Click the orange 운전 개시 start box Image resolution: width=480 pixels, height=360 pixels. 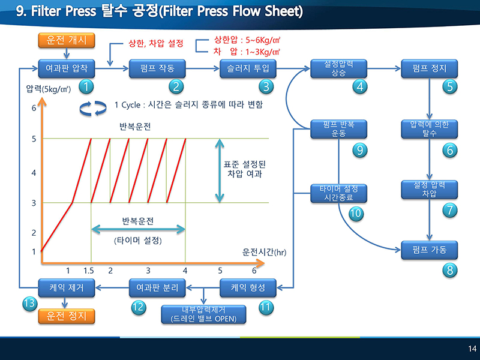(x=67, y=40)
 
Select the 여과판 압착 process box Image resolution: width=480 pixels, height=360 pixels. (x=67, y=68)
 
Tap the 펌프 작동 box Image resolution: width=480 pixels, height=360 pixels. (x=157, y=68)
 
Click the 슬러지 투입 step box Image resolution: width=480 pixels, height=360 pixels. (x=248, y=68)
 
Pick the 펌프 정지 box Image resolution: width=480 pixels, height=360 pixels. (x=429, y=68)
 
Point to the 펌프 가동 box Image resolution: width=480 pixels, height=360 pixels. (x=429, y=250)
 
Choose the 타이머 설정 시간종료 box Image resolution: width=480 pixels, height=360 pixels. (x=338, y=193)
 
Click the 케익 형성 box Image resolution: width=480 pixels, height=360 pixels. (x=248, y=288)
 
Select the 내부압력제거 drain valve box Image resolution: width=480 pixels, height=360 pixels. (x=203, y=314)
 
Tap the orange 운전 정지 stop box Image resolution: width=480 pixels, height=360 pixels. (x=67, y=316)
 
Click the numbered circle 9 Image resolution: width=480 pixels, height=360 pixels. (x=359, y=150)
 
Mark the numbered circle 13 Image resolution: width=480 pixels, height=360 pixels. (x=29, y=304)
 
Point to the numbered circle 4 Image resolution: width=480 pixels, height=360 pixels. (x=359, y=86)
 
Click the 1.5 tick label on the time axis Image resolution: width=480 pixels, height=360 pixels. (x=89, y=271)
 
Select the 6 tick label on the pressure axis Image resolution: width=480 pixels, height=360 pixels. (x=34, y=108)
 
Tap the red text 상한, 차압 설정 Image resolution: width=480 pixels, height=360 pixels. (x=156, y=43)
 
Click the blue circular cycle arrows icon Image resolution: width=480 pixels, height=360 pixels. (x=93, y=109)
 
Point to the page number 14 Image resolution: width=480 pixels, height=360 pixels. (x=472, y=349)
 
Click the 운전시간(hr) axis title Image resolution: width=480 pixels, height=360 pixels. (x=264, y=252)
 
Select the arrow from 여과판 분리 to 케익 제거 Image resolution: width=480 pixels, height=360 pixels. (x=112, y=288)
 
